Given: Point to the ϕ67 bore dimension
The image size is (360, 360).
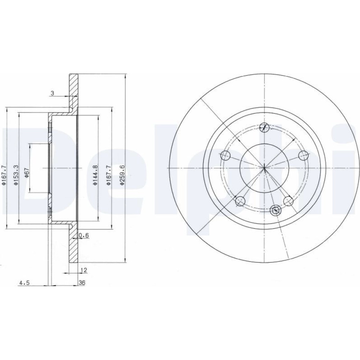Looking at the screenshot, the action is [27, 173].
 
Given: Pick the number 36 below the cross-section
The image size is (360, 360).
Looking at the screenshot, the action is [82, 283].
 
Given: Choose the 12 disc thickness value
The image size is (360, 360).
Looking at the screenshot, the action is [84, 270].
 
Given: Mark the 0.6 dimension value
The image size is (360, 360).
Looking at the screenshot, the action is [84, 235].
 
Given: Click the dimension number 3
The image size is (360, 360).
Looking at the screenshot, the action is [52, 93].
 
